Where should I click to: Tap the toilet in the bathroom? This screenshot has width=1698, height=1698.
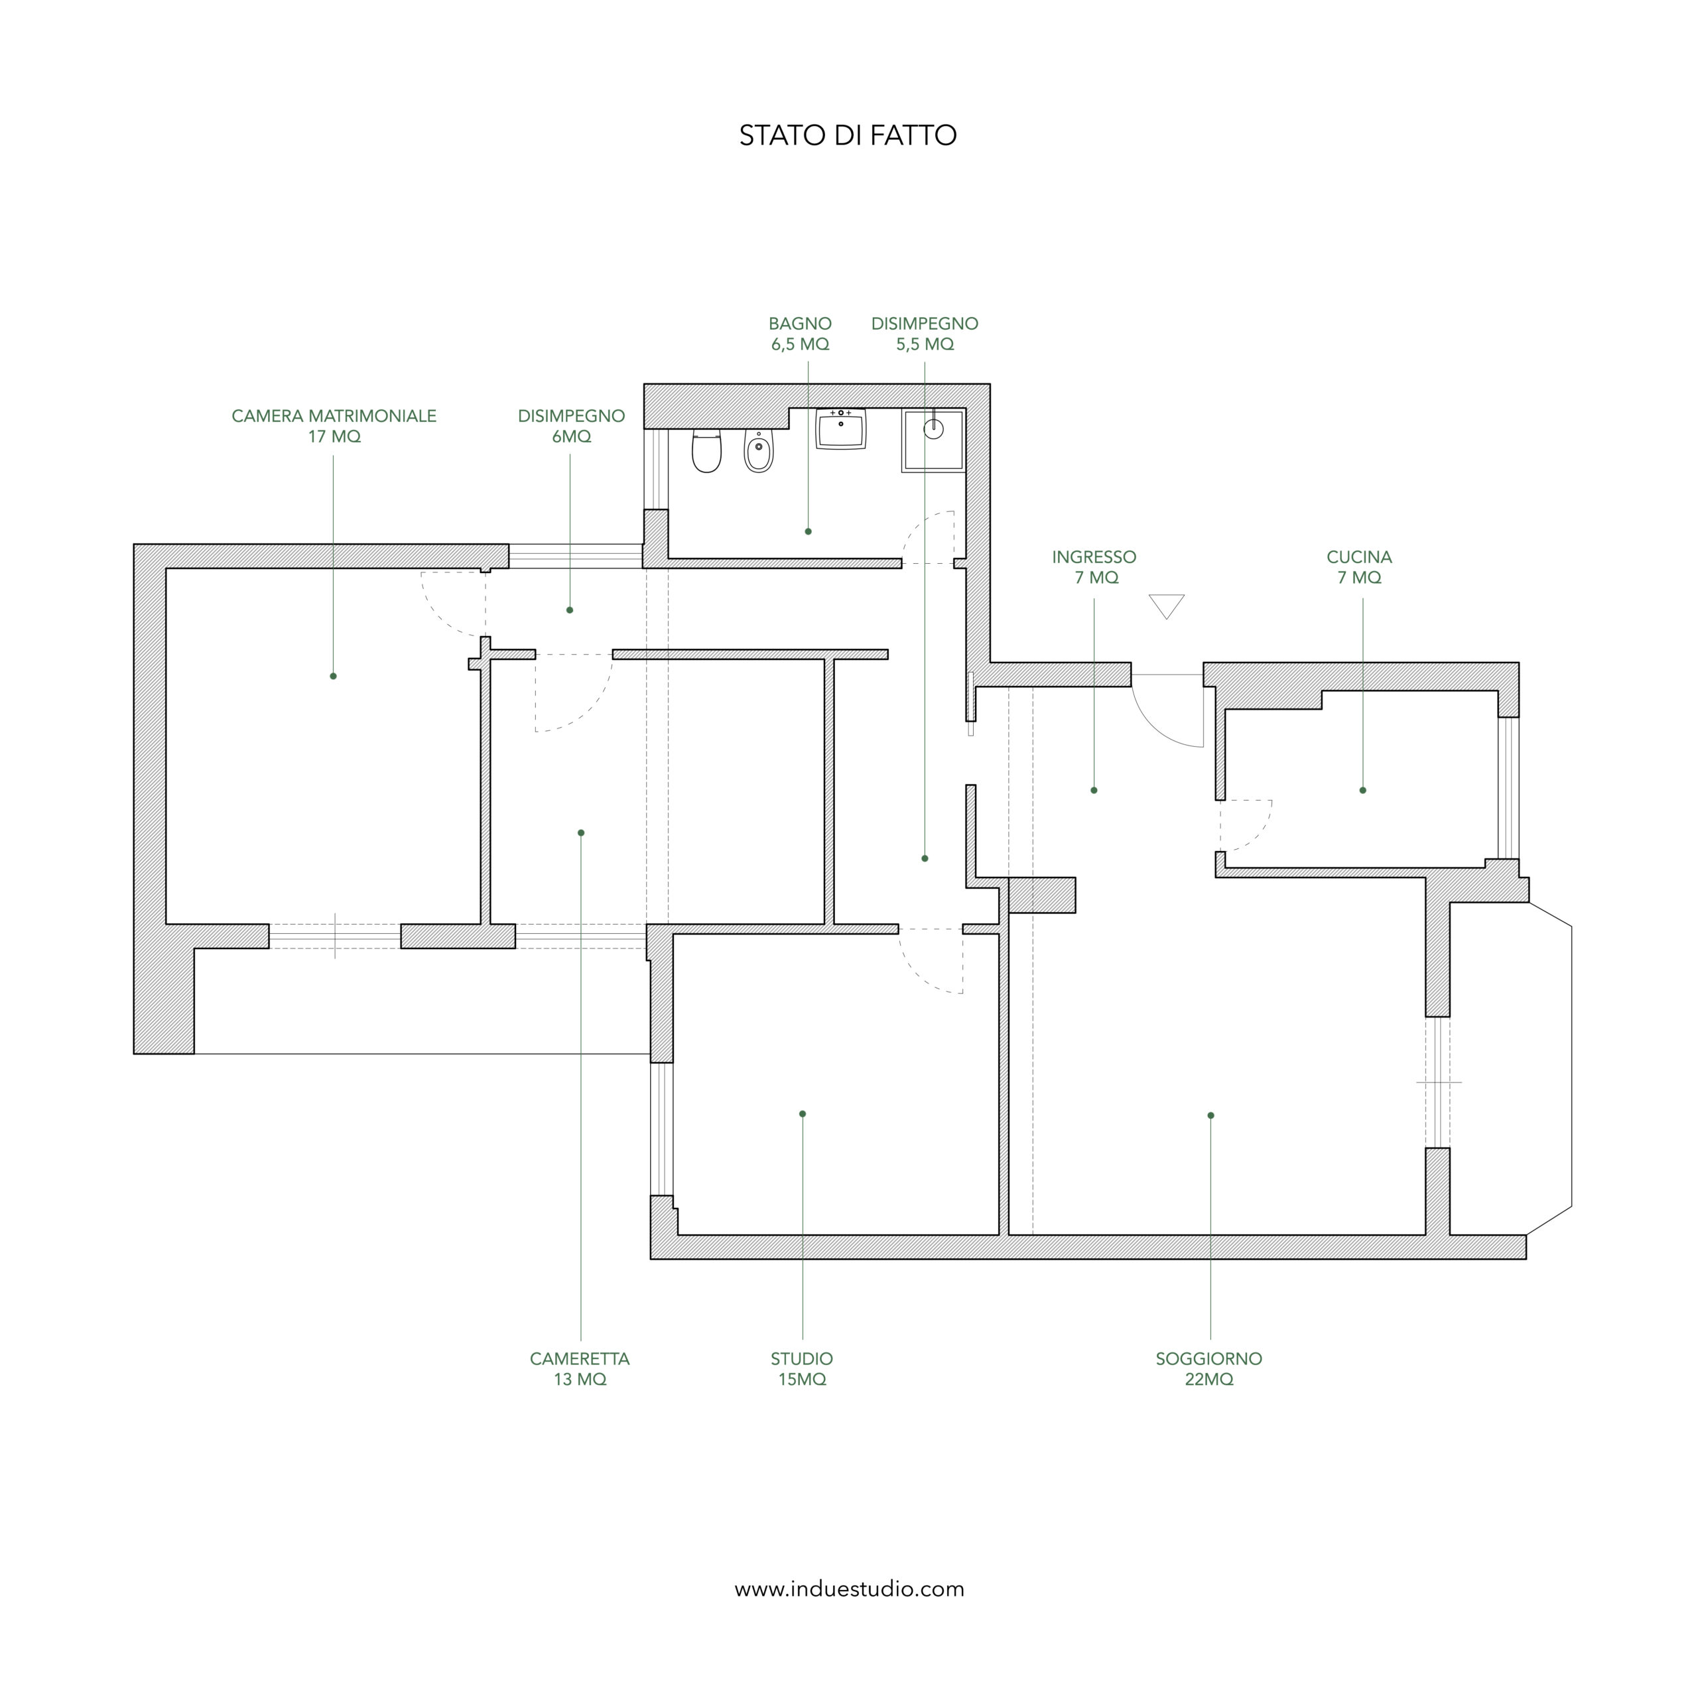(706, 451)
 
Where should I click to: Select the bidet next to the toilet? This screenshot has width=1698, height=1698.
(759, 451)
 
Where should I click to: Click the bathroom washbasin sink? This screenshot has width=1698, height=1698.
(841, 429)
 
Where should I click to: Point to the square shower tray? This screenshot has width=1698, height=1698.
(933, 440)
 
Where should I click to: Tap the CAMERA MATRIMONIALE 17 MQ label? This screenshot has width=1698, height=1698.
(334, 426)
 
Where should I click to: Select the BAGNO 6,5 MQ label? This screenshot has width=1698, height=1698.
(800, 334)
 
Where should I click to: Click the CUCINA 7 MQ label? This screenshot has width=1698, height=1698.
(1360, 567)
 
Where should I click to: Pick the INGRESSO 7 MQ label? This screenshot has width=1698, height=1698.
(1094, 567)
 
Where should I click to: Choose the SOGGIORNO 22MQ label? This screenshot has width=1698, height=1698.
(1209, 1368)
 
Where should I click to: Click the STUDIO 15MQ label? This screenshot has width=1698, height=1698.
(801, 1368)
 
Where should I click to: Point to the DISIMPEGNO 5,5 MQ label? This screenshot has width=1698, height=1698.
(925, 334)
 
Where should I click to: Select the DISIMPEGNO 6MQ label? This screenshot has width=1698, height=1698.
(571, 426)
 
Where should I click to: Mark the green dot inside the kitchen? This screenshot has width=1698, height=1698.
(1363, 790)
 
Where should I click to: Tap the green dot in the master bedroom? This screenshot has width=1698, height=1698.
(333, 676)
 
